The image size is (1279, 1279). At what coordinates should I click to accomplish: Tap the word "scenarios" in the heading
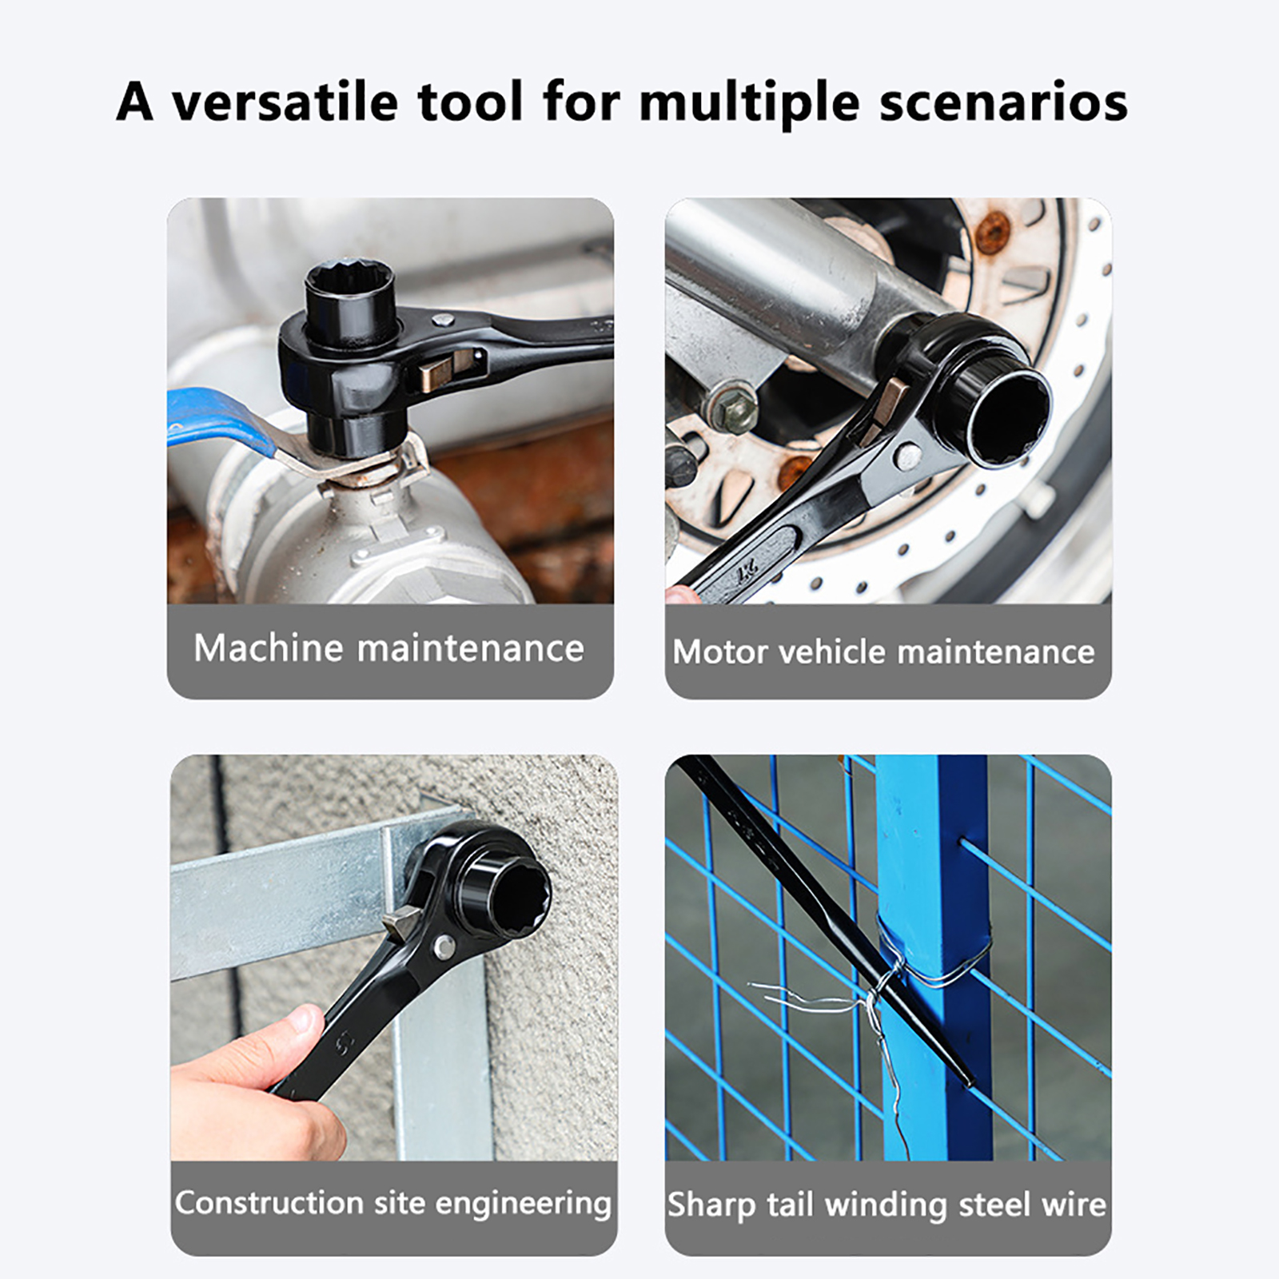click(x=1003, y=103)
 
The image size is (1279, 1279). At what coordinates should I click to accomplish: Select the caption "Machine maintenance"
click(x=388, y=647)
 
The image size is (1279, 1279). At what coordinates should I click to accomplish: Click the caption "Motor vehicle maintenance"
click(x=883, y=651)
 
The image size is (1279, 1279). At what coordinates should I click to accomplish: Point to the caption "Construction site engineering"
click(x=393, y=1203)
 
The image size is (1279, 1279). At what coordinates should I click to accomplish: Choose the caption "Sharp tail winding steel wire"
click(x=887, y=1205)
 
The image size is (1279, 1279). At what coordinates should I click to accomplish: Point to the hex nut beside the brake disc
click(x=731, y=408)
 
